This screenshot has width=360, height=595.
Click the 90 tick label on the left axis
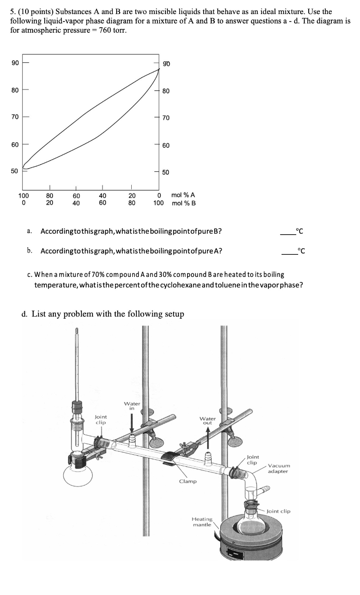15,63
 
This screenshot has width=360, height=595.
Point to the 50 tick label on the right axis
166,172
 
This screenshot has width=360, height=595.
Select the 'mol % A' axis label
184,195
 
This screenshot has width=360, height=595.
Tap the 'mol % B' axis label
184,203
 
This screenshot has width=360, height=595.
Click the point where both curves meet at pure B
158,69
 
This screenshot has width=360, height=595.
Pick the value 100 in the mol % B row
158,203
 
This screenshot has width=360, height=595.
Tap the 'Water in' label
132,406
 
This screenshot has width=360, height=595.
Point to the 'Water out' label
208,420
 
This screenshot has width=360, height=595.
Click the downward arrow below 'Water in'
132,422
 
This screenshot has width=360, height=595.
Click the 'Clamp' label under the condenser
188,481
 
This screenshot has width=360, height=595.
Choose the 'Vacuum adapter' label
278,468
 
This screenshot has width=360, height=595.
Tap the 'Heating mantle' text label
202,521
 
